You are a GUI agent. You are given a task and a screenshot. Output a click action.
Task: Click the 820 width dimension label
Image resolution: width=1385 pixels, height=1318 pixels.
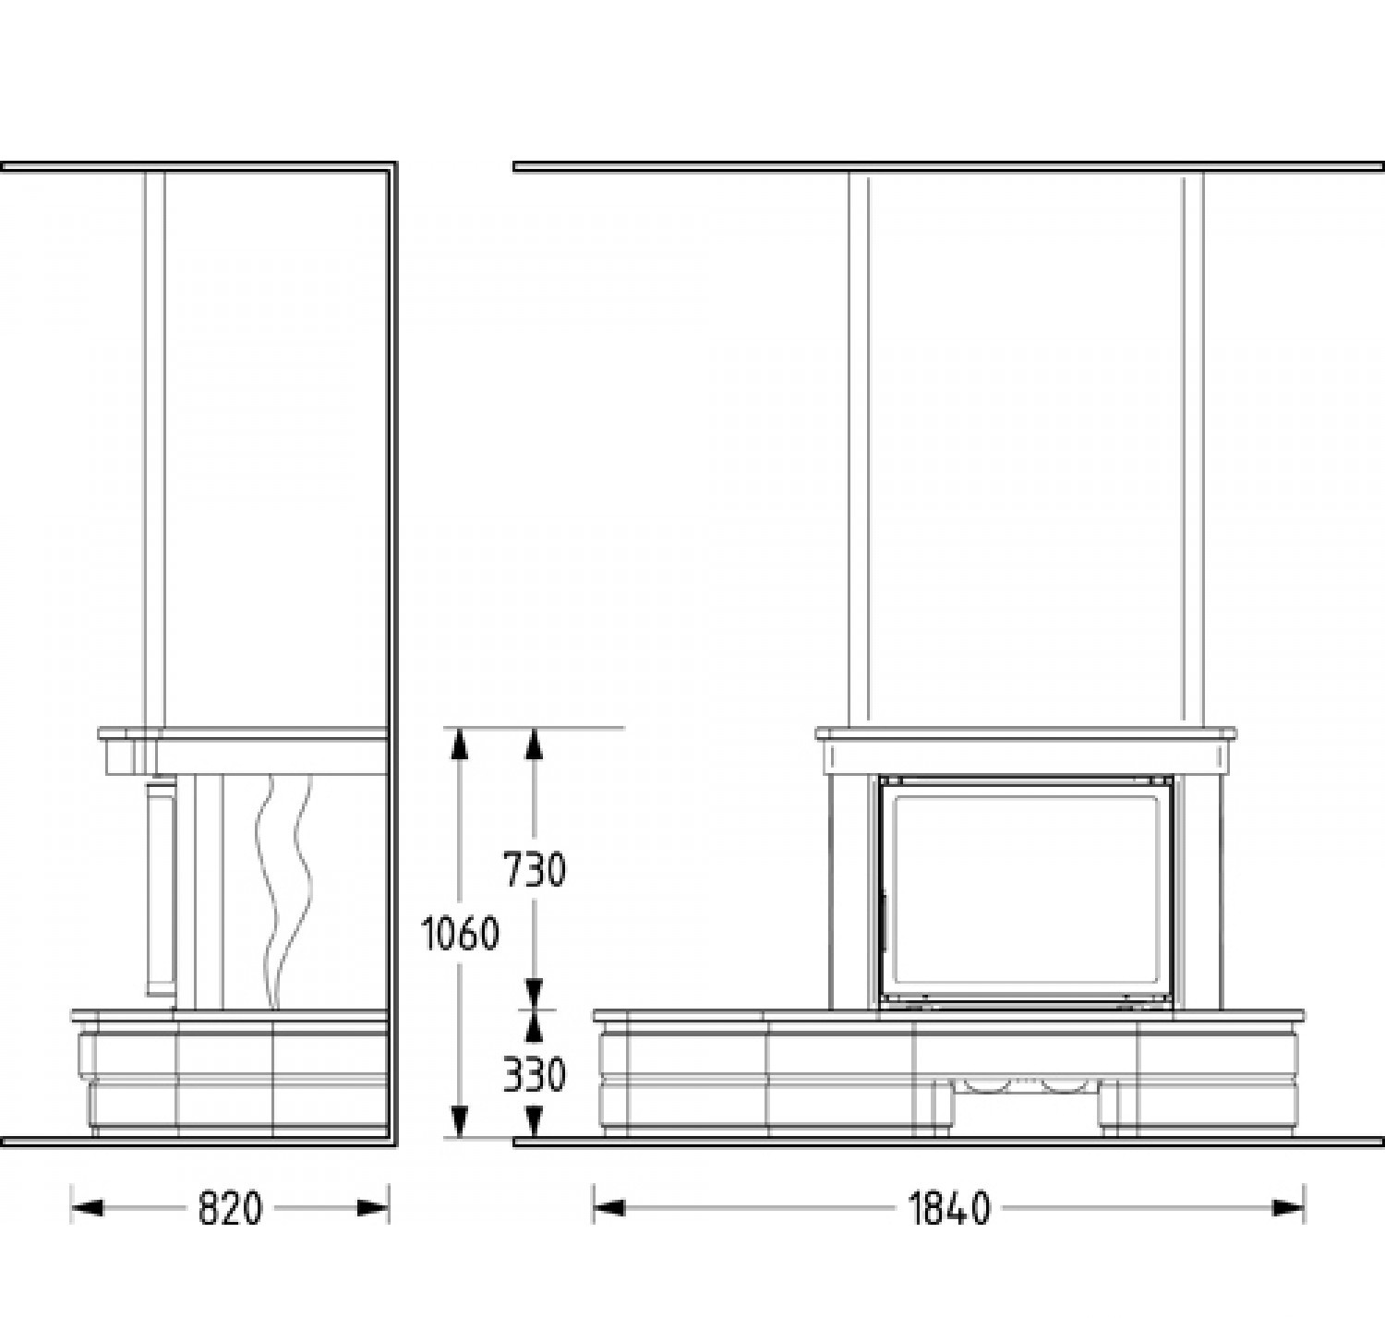230,1208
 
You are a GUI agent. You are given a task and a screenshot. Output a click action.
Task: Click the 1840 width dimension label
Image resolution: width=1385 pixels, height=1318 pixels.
949,1208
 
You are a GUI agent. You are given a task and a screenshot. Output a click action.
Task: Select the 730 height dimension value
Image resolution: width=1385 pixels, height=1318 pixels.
534,869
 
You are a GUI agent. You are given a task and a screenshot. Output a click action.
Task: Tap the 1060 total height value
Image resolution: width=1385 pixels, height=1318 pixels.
460,934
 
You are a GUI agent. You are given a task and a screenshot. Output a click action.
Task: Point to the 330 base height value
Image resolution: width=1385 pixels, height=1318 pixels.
534,1075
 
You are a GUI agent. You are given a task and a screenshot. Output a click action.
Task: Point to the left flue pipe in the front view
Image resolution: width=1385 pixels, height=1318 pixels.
859,448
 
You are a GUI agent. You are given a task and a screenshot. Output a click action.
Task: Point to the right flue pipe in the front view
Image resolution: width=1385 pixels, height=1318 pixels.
1193,448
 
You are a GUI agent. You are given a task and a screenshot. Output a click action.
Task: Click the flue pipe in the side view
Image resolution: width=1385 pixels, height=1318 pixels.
155,448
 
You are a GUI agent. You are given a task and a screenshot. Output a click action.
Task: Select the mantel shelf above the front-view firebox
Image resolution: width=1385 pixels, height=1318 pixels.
1025,735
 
